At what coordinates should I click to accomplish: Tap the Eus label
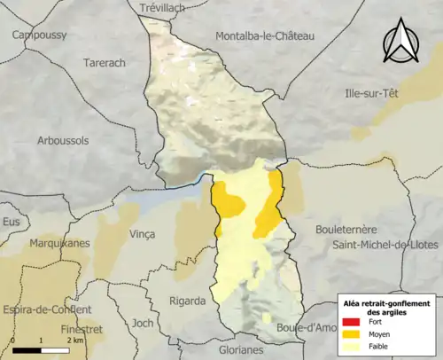pos(11,221)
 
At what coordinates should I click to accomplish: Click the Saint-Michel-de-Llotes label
pos(386,244)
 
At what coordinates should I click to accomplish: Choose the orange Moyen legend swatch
pos(350,335)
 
